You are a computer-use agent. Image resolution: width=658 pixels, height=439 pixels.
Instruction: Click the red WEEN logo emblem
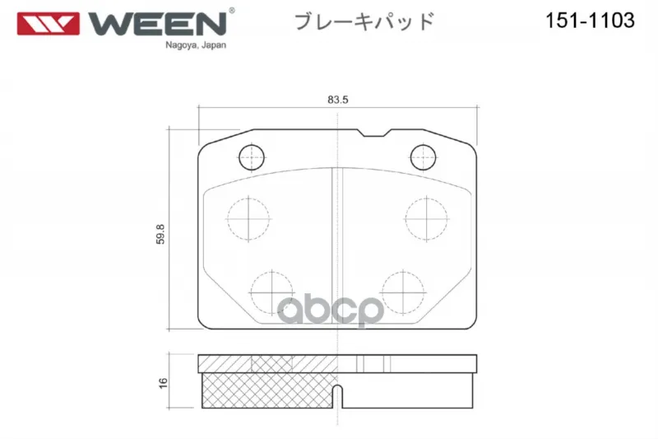pyautogui.click(x=49, y=24)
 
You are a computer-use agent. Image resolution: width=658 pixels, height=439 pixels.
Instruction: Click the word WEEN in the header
pyautogui.click(x=157, y=24)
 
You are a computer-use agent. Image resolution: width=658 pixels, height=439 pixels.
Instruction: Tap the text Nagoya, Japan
pyautogui.click(x=196, y=45)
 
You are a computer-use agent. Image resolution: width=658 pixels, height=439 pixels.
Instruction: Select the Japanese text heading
pyautogui.click(x=364, y=21)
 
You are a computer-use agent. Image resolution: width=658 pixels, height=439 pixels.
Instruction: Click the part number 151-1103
pyautogui.click(x=590, y=20)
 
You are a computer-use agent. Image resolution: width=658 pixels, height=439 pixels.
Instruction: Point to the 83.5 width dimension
pyautogui.click(x=338, y=100)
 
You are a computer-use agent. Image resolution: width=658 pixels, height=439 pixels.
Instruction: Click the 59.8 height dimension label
pyautogui.click(x=160, y=234)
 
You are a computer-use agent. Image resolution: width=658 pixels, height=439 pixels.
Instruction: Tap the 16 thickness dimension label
pyautogui.click(x=163, y=383)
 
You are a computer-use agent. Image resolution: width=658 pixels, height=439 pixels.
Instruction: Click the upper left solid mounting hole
pyautogui.click(x=252, y=157)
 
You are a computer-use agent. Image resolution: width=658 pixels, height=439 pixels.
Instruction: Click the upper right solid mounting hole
pyautogui.click(x=423, y=157)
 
